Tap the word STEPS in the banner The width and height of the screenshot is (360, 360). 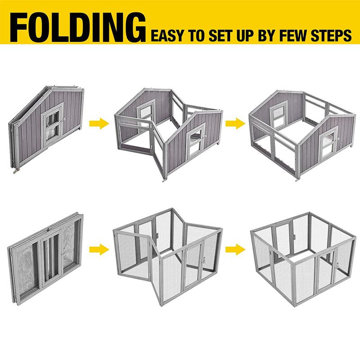(x=336, y=35)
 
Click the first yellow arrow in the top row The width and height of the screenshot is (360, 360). (x=99, y=124)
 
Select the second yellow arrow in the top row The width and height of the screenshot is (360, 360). (x=235, y=123)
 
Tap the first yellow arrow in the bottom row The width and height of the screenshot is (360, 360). (x=99, y=248)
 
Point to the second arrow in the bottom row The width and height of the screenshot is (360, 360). (x=235, y=248)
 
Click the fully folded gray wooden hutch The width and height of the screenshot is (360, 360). (x=46, y=126)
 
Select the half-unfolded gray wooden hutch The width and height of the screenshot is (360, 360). (x=167, y=133)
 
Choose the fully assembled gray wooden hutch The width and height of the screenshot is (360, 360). (x=301, y=133)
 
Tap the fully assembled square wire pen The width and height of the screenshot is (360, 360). (x=301, y=256)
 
